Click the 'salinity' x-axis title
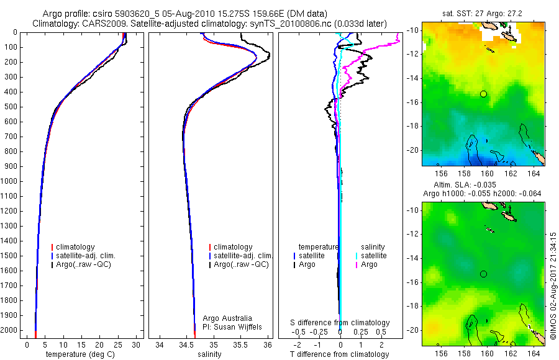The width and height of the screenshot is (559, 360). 209,354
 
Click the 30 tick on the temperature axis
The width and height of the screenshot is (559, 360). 136,344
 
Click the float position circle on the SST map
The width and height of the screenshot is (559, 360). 483,94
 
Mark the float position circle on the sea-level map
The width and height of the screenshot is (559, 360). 483,274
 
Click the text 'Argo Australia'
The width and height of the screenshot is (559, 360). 228,318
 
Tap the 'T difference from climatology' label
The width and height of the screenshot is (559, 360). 339,354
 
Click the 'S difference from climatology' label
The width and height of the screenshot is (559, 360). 340,323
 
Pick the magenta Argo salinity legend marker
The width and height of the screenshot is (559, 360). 356,264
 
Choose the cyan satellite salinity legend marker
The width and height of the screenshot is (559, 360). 356,256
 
